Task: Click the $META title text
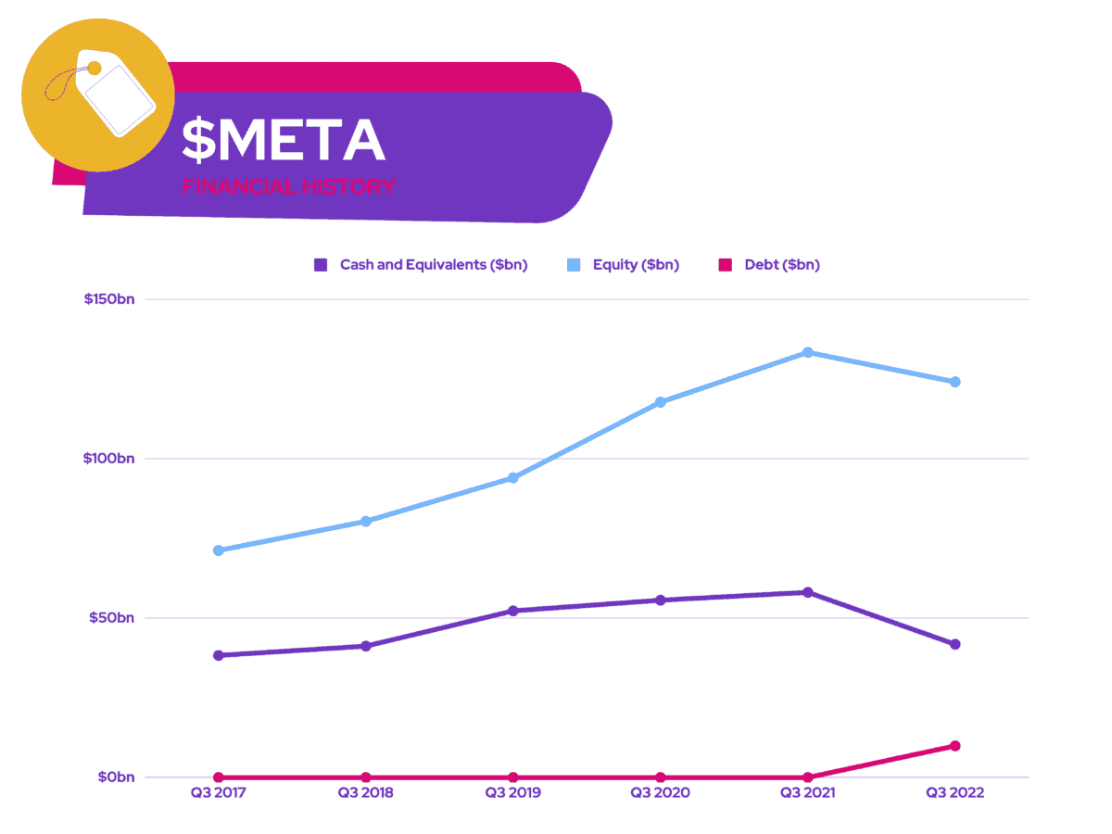click(x=283, y=141)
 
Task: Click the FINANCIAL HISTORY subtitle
click(x=288, y=186)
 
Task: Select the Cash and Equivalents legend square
click(x=321, y=265)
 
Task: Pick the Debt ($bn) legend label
click(x=781, y=265)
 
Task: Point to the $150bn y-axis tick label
click(x=108, y=299)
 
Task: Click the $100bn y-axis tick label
click(x=108, y=459)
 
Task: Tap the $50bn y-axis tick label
click(x=111, y=618)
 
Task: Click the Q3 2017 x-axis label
click(x=219, y=793)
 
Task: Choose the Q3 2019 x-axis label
click(x=513, y=793)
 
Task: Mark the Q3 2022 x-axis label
click(x=955, y=793)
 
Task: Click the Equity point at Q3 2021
click(x=808, y=352)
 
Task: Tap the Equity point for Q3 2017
click(x=219, y=550)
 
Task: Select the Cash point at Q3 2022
click(x=955, y=644)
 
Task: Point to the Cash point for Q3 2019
click(x=513, y=611)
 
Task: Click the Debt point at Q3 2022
click(x=955, y=746)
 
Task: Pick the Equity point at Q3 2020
click(x=661, y=402)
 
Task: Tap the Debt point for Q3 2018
click(x=366, y=777)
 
